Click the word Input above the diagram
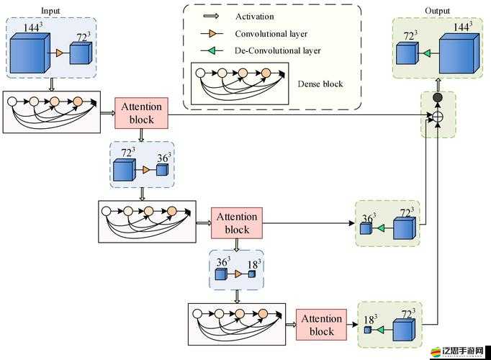click(x=50, y=11)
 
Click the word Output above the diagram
click(x=437, y=11)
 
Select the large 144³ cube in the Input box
click(x=28, y=53)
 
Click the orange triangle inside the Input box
click(x=58, y=53)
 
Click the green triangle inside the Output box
click(x=427, y=53)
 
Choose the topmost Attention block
click(x=141, y=113)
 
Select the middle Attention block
click(x=237, y=222)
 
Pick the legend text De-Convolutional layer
click(x=277, y=50)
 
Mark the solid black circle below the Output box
click(x=437, y=97)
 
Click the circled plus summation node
click(x=437, y=116)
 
